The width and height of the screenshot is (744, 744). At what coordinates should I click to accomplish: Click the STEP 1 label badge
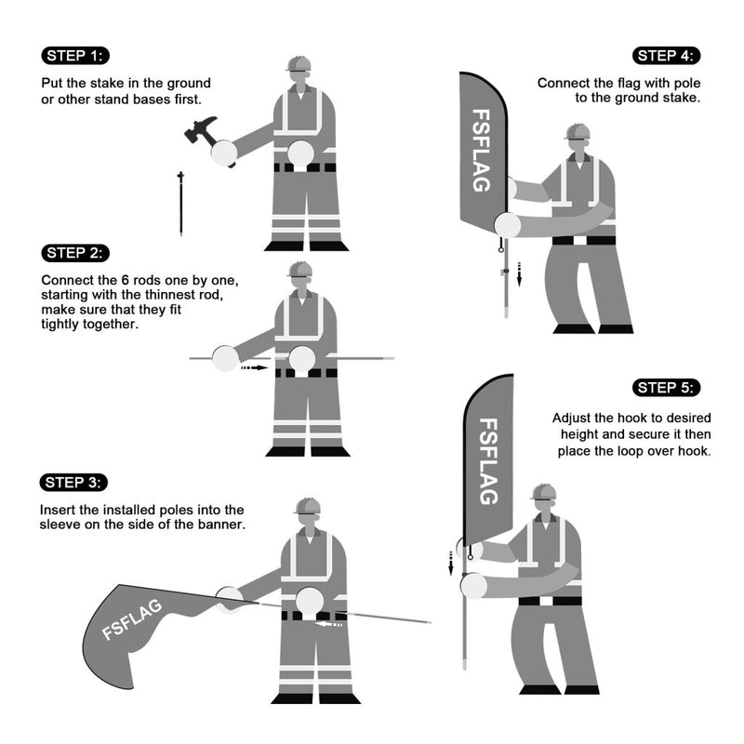(76, 55)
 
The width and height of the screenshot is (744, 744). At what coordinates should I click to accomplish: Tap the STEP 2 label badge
(76, 253)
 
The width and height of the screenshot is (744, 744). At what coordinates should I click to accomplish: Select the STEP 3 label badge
(76, 482)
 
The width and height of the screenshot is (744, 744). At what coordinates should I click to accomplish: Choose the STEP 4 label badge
(667, 55)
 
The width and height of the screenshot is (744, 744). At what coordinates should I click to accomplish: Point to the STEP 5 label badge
(667, 387)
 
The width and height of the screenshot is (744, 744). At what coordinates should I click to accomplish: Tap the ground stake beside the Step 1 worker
(180, 203)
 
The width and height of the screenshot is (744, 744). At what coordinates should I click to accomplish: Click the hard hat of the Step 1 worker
(299, 63)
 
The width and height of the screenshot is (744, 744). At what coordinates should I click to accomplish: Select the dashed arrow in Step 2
(254, 368)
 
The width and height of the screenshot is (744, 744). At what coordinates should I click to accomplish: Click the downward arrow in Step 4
(520, 273)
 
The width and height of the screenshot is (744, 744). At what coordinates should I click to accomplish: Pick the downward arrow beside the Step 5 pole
(451, 562)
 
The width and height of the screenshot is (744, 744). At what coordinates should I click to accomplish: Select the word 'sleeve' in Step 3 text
(61, 525)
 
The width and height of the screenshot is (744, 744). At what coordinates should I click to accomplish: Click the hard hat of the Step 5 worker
(543, 491)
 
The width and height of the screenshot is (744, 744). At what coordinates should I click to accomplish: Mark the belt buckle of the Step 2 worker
(299, 372)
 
